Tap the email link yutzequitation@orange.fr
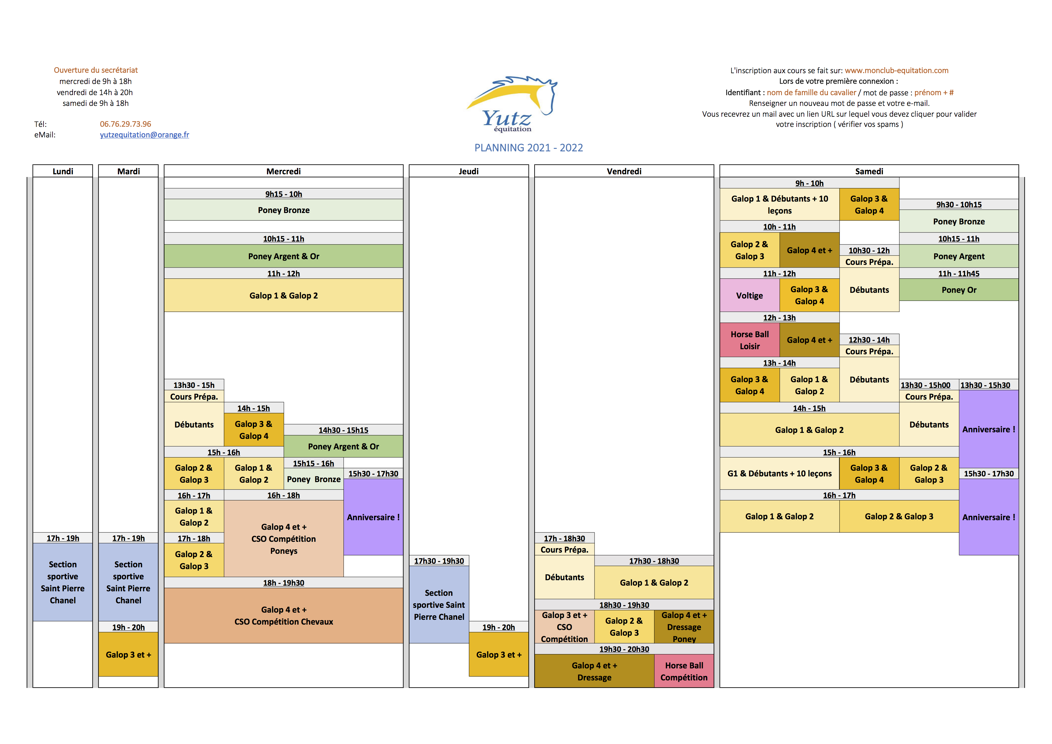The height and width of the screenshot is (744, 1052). (144, 135)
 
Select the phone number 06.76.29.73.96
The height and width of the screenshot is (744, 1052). (126, 124)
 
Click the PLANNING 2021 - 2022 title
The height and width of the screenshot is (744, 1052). (528, 148)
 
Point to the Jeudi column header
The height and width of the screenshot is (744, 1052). (468, 171)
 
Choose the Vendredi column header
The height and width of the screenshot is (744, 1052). (624, 171)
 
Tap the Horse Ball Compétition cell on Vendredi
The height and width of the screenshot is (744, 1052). (684, 671)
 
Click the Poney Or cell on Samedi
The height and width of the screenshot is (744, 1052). (958, 290)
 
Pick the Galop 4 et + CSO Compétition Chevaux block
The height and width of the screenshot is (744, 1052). (283, 616)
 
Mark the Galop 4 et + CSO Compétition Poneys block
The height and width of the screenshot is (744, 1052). (283, 539)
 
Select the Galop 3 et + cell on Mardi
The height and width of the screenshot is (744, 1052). (128, 655)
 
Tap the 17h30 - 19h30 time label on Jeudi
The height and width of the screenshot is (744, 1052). (439, 561)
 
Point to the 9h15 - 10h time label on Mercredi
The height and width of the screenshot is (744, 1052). (283, 194)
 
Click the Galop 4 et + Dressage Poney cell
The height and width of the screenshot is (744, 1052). (684, 627)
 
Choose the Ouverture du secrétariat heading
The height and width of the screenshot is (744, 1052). (96, 70)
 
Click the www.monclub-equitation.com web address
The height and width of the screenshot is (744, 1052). (896, 70)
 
